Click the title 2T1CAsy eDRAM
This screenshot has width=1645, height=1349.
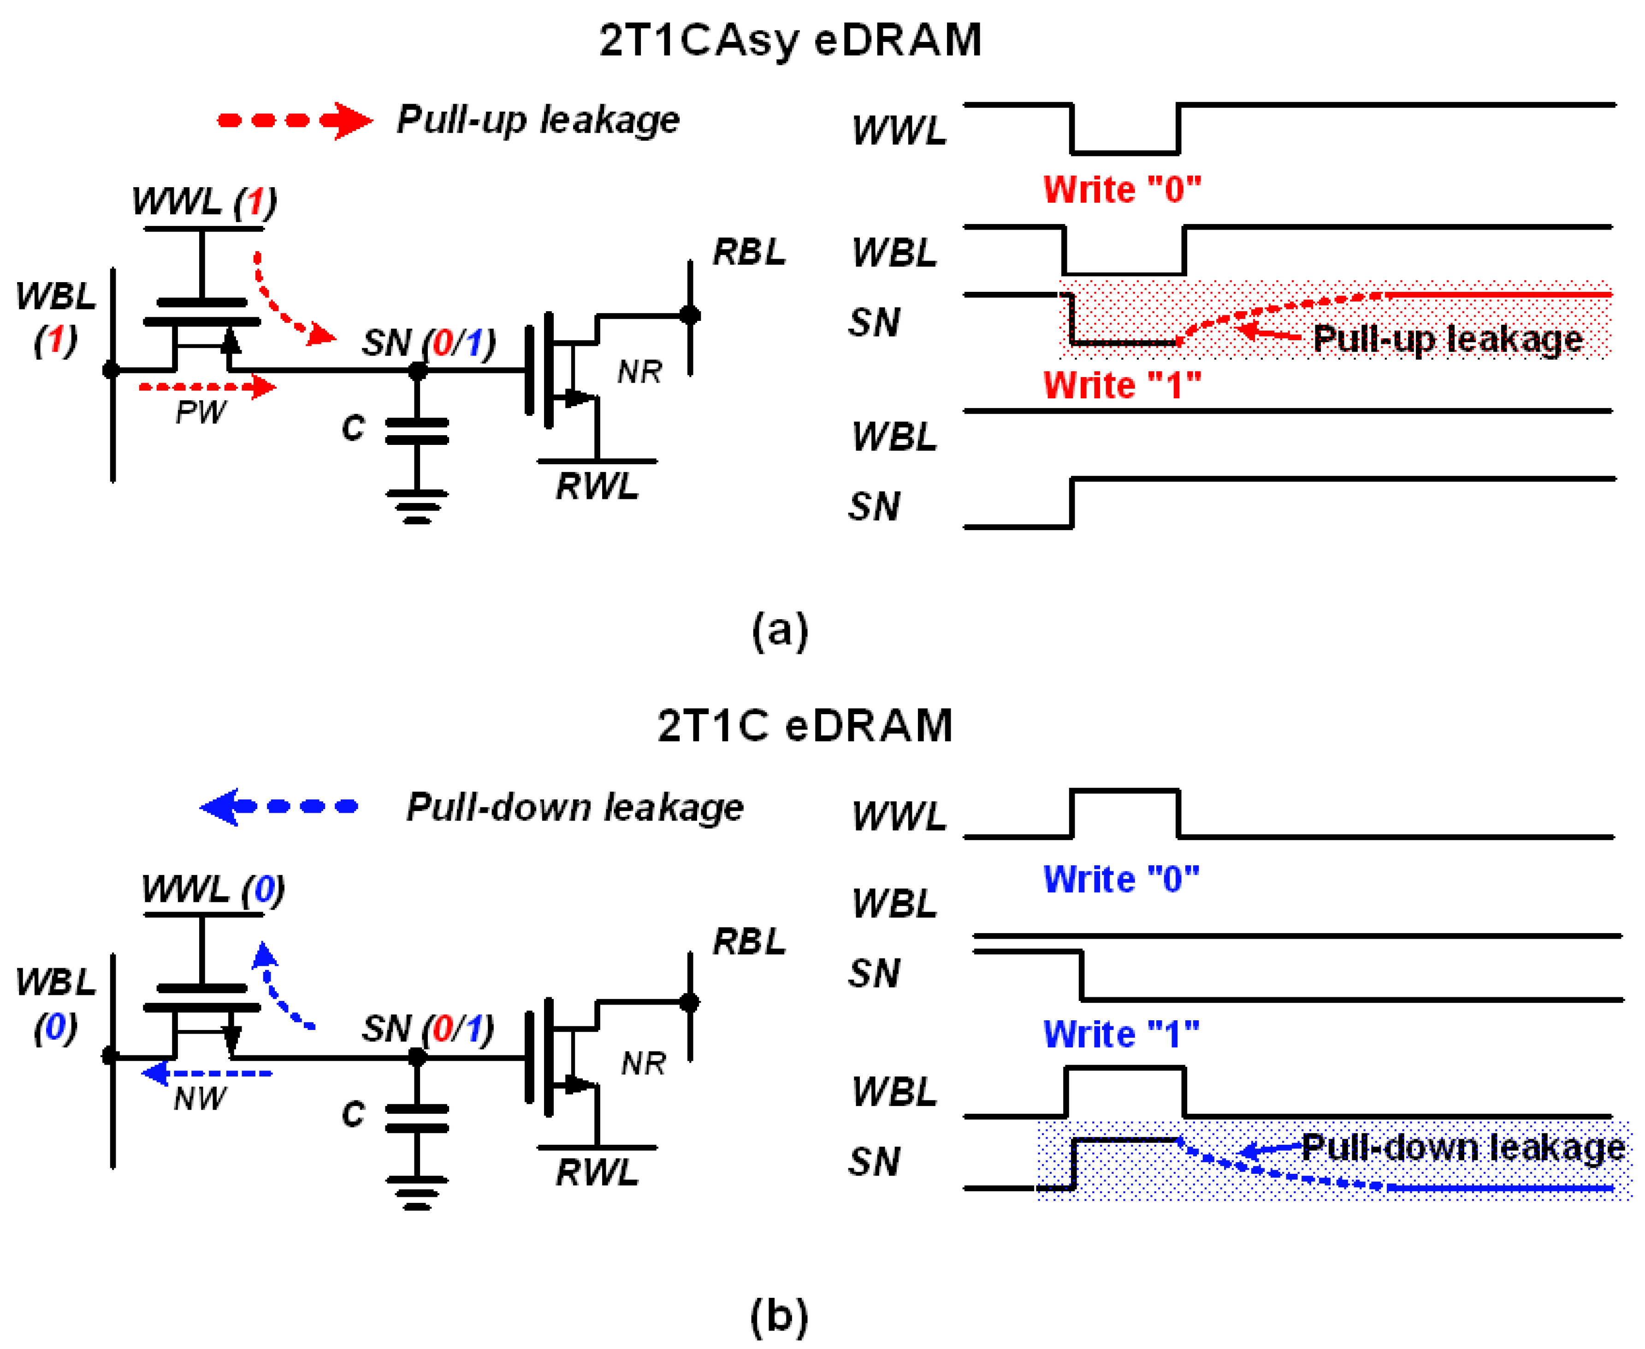pos(790,41)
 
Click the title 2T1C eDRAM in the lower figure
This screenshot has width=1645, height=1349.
pos(804,726)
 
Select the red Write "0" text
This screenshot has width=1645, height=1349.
pos(1121,189)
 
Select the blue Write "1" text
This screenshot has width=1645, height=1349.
pos(1120,1034)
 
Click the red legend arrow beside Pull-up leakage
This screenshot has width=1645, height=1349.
pos(295,120)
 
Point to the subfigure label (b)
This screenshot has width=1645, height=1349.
pos(779,1316)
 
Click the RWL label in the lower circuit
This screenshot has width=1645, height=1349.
pos(597,1172)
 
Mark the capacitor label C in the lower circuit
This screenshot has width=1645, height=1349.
pos(353,1114)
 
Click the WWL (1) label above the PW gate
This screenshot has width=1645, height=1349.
pos(204,202)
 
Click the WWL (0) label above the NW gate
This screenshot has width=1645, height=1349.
pos(213,889)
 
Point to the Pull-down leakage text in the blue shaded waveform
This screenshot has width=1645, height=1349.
pos(1462,1148)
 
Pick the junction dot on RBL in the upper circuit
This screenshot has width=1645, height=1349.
pos(689,315)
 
